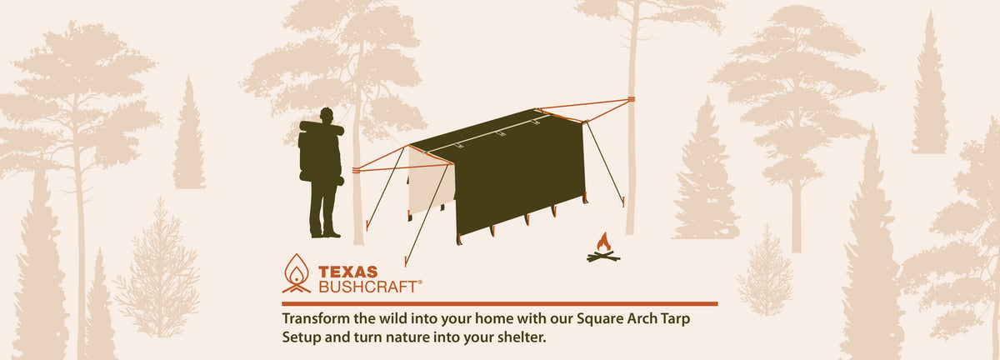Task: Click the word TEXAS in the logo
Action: [347, 272]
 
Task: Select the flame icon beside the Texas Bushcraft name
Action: [297, 272]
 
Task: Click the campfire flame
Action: [602, 243]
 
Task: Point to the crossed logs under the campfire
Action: [602, 257]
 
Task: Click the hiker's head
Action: [327, 115]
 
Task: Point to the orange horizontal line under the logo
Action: [500, 304]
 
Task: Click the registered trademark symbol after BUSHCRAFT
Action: [420, 282]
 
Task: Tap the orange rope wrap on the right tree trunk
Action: [631, 101]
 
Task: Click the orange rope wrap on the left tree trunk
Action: [357, 170]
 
